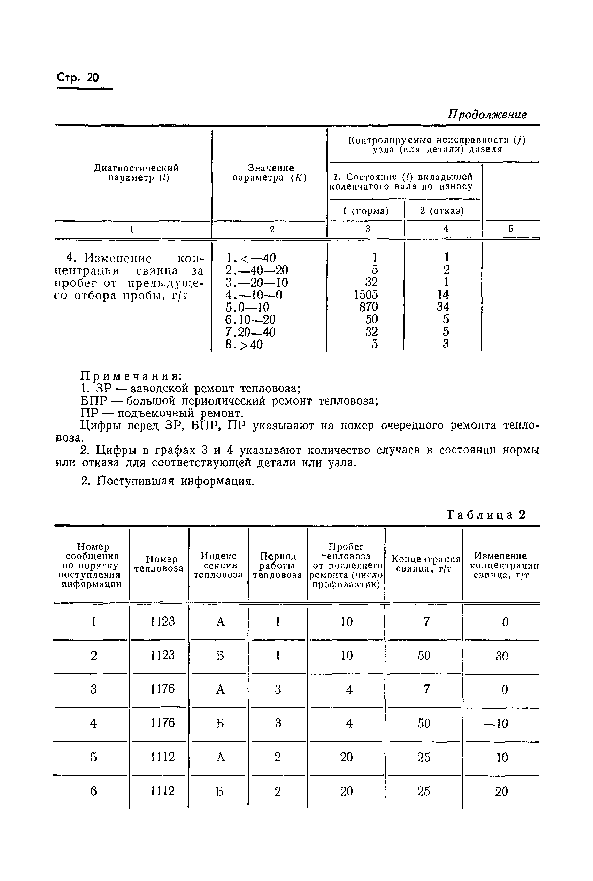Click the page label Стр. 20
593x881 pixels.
pyautogui.click(x=78, y=78)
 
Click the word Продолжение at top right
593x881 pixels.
pyautogui.click(x=487, y=114)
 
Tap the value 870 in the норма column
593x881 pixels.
pyautogui.click(x=368, y=307)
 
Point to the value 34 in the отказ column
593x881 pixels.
pyautogui.click(x=443, y=307)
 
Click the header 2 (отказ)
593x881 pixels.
pyautogui.click(x=442, y=211)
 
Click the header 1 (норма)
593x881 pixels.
pyautogui.click(x=366, y=211)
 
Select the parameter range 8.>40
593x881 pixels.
pyautogui.click(x=244, y=345)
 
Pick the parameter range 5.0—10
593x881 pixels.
pyautogui.click(x=247, y=307)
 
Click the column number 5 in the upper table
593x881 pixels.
pyautogui.click(x=510, y=229)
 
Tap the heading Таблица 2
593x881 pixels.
pyautogui.click(x=486, y=514)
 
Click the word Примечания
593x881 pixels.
pyautogui.click(x=131, y=376)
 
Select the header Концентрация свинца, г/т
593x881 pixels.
pyautogui.click(x=425, y=564)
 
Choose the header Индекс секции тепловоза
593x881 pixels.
pyautogui.click(x=218, y=565)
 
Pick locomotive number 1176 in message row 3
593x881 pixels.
pyautogui.click(x=163, y=689)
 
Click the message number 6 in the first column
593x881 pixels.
pyautogui.click(x=93, y=791)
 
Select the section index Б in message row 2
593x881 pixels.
pyautogui.click(x=220, y=656)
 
